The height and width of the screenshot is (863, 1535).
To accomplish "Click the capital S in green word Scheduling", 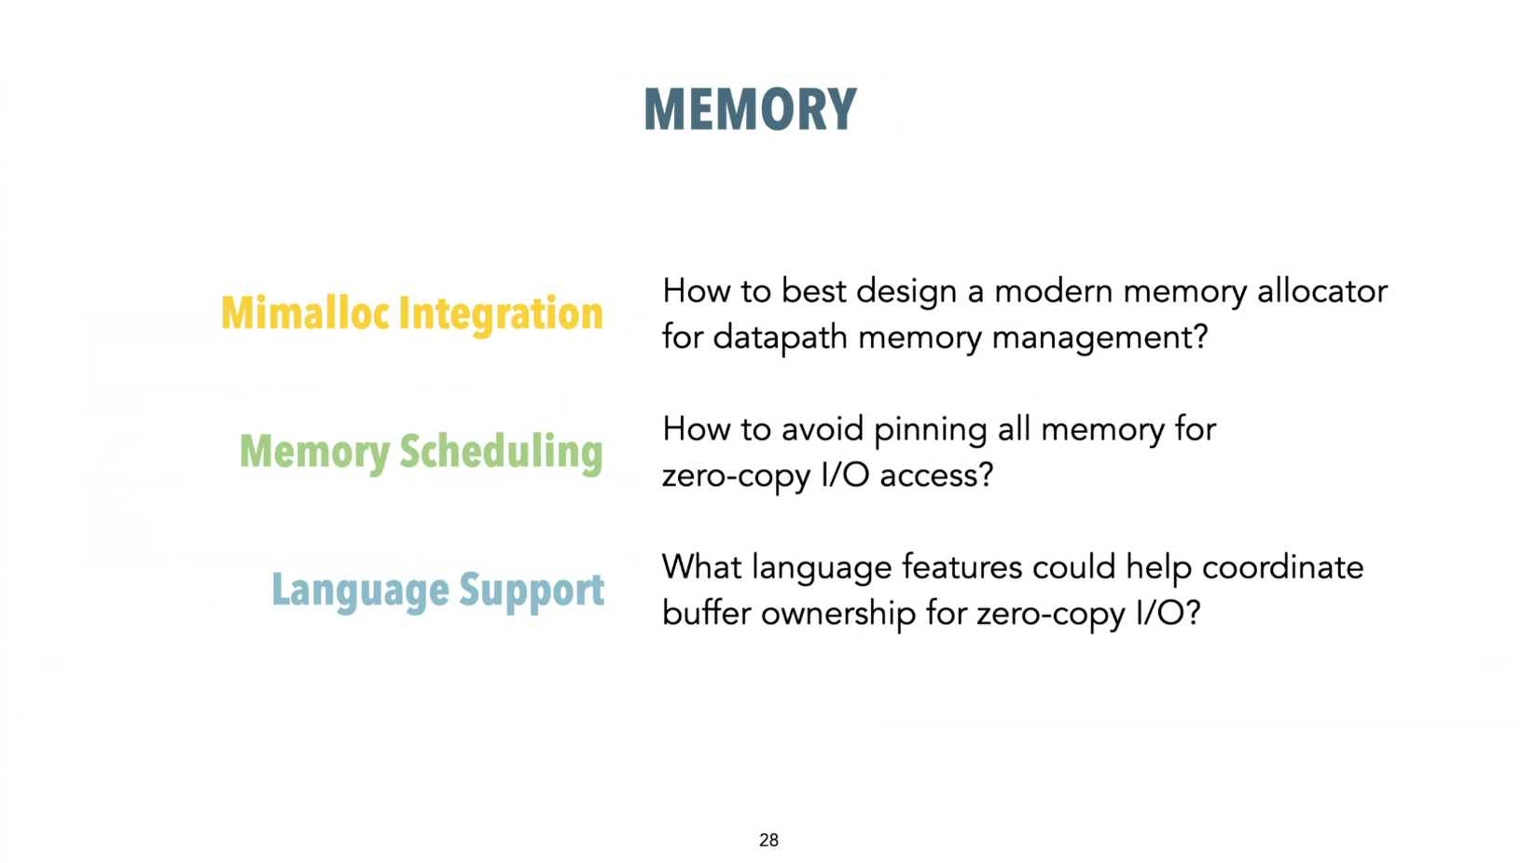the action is tap(409, 452).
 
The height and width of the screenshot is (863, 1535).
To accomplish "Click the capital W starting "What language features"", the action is tap(682, 567).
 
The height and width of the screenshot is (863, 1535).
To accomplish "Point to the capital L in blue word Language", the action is tap(280, 589).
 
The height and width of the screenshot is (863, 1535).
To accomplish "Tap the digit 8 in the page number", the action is tap(774, 840).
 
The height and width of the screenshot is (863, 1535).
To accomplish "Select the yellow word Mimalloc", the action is tap(306, 313).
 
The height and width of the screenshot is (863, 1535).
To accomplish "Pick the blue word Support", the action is tap(532, 592).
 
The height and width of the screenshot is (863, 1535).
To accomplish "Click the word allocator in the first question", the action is tap(1323, 291).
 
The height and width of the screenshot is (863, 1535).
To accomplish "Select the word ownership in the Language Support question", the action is tap(838, 615).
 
